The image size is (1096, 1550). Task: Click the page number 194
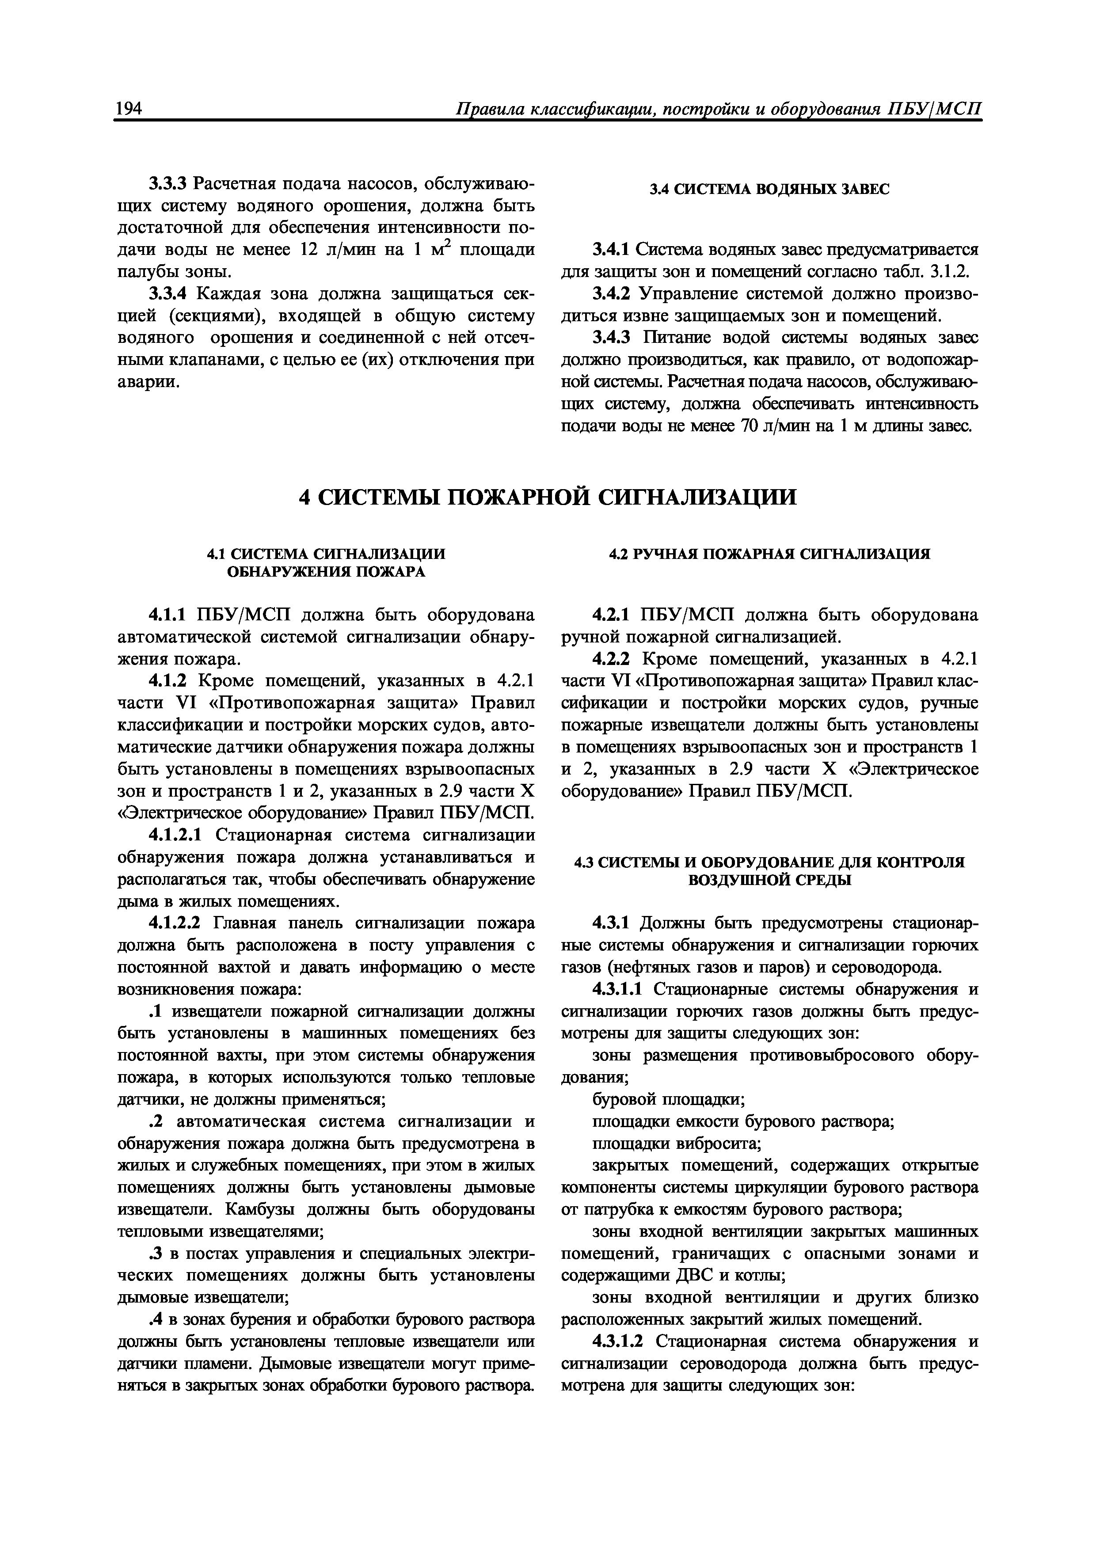coord(128,109)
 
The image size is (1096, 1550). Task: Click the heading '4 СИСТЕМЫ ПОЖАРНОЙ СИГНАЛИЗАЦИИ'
coord(548,498)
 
